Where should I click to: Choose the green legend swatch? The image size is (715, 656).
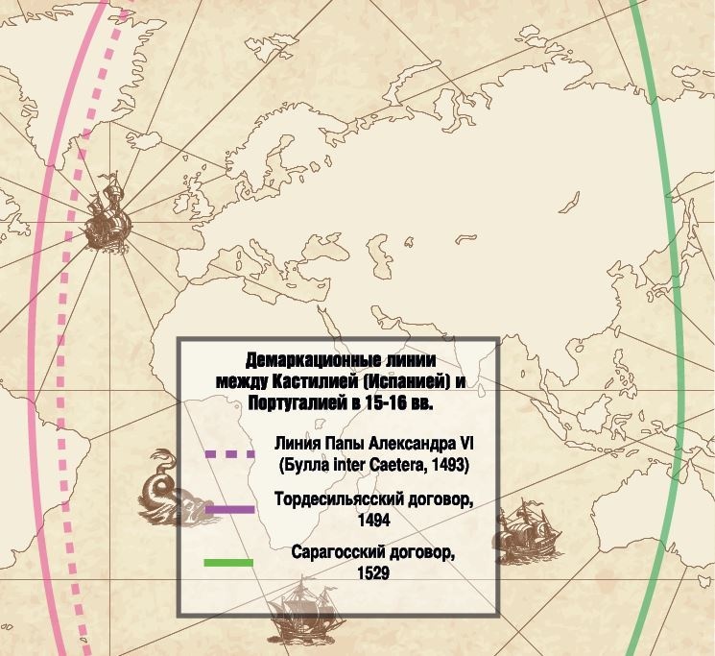pos(228,563)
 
